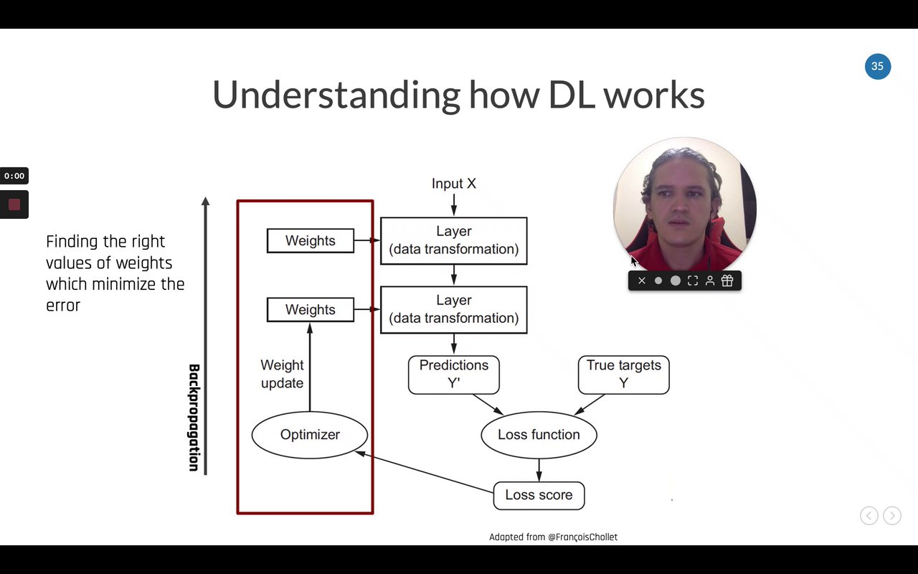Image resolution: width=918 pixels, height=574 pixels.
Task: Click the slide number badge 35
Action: pyautogui.click(x=877, y=66)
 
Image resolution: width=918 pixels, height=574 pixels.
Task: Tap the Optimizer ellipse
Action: pyautogui.click(x=310, y=435)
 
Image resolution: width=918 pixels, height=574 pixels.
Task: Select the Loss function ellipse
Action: pyautogui.click(x=539, y=435)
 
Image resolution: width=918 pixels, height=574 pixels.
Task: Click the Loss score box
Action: pyautogui.click(x=539, y=495)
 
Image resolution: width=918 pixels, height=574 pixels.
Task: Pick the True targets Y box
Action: pyautogui.click(x=623, y=374)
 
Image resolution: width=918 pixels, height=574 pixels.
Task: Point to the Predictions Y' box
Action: pyautogui.click(x=453, y=374)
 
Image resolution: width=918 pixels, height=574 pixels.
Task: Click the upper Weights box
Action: pyautogui.click(x=310, y=241)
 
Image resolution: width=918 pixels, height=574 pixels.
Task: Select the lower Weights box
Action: pyautogui.click(x=310, y=310)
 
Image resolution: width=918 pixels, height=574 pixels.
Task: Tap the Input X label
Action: pyautogui.click(x=453, y=184)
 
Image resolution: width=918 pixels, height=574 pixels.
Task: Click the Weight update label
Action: pyautogui.click(x=282, y=374)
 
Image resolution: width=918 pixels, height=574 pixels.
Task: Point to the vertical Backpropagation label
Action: pyautogui.click(x=194, y=418)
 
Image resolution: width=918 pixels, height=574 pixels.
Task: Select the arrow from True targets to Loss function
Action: pyautogui.click(x=590, y=405)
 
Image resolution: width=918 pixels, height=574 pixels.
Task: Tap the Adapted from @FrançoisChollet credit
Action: pyautogui.click(x=553, y=537)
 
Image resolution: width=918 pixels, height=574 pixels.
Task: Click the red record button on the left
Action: pyautogui.click(x=14, y=204)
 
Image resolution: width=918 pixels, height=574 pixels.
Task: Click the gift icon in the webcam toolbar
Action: pyautogui.click(x=727, y=281)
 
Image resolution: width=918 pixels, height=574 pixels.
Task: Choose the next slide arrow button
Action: pyautogui.click(x=891, y=515)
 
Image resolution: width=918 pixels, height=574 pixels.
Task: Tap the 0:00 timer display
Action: pyautogui.click(x=14, y=176)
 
